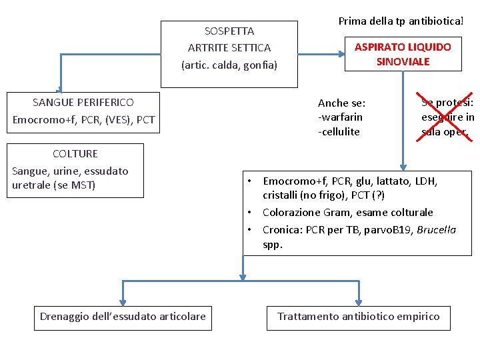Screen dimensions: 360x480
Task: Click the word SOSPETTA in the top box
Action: coord(229,31)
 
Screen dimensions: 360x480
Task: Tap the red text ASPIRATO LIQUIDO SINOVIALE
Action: coord(403,54)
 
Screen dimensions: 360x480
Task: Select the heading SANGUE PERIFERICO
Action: coord(83,102)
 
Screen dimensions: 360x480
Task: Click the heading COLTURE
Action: coord(75,153)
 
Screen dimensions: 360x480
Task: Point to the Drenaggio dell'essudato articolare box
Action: coord(123,317)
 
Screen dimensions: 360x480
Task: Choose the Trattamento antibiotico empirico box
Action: coord(359,317)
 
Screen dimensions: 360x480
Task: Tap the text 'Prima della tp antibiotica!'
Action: coord(401,21)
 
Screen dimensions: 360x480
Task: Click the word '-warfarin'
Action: coord(341,117)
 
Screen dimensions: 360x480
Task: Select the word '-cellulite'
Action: coord(339,131)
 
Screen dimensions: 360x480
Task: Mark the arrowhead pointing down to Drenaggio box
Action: coord(123,301)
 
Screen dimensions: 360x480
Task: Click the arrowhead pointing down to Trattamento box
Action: coord(359,301)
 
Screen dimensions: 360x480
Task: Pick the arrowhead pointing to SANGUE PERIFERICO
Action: coord(60,90)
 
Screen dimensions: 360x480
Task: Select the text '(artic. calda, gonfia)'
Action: coord(229,65)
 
